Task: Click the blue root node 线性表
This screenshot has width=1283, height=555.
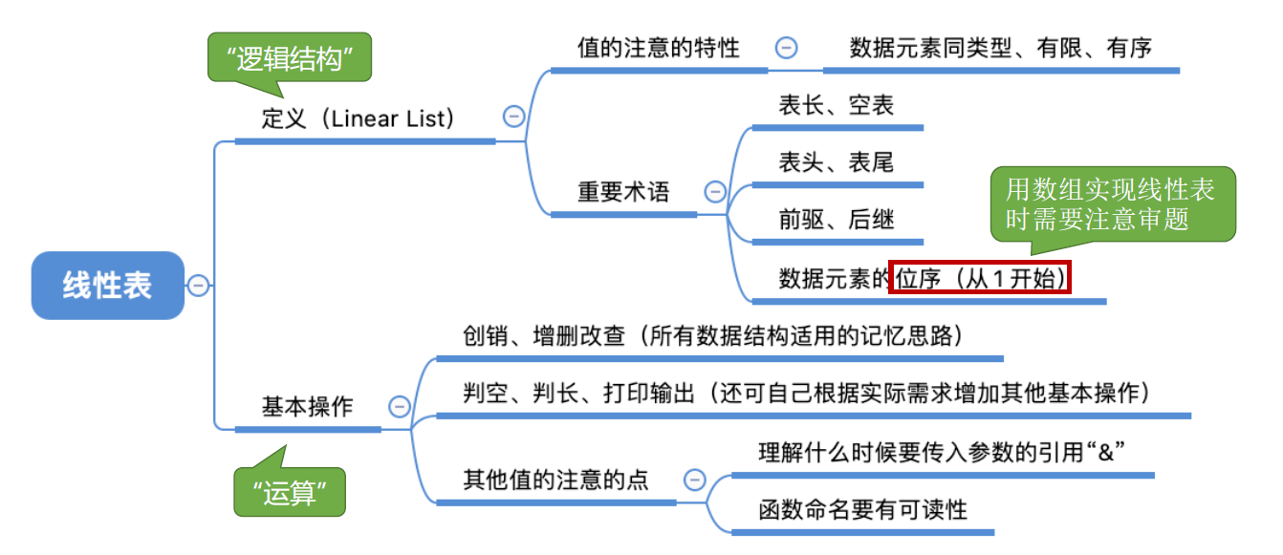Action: pos(107,285)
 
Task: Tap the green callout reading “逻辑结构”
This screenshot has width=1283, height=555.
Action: pos(290,59)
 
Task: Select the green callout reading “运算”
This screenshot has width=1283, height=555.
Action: pos(290,494)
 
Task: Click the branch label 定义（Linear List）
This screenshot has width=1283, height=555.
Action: pos(358,118)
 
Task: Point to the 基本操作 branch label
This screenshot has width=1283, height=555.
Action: pos(307,407)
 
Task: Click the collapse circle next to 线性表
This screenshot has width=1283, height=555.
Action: pos(198,285)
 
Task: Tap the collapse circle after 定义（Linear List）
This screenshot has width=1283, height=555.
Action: pos(513,117)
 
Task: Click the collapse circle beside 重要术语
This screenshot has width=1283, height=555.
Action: pos(715,192)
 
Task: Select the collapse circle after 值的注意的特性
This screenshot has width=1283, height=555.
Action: pos(786,48)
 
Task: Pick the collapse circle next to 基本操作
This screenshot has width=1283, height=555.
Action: pos(399,407)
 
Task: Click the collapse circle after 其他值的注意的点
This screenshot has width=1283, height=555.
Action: pos(695,480)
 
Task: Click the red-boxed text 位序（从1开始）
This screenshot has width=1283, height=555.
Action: pos(980,277)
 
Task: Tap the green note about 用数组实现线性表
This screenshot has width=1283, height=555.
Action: pos(1111,204)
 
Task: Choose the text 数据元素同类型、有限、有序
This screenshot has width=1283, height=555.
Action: pos(1000,48)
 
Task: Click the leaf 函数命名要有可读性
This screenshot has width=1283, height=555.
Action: pos(862,509)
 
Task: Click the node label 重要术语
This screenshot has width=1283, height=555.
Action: pos(623,192)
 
